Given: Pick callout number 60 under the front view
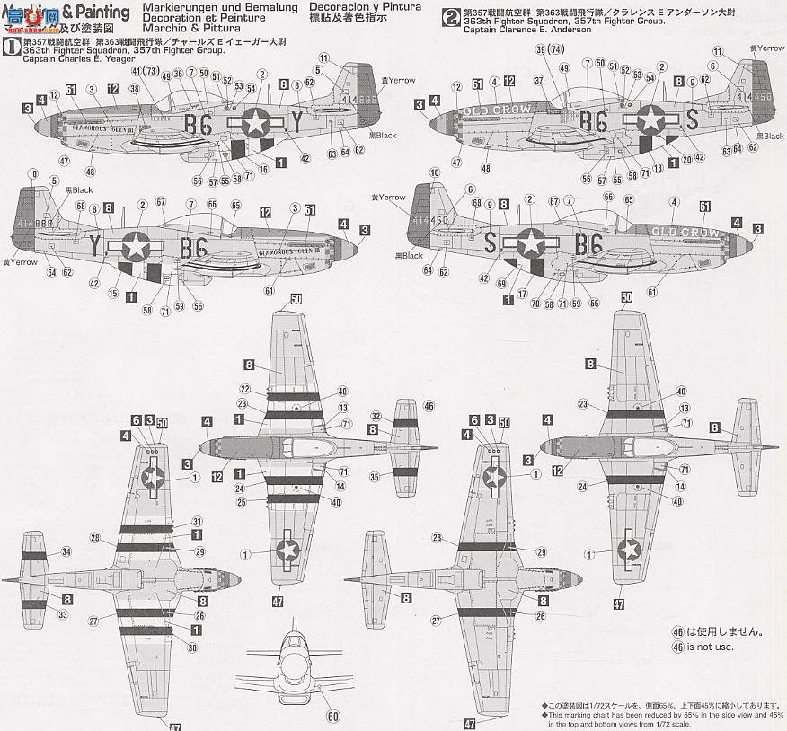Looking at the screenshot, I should [x=334, y=716].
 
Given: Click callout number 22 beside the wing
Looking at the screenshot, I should [x=243, y=389].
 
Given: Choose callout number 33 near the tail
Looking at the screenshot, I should [x=62, y=614].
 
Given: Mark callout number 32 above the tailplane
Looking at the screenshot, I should [x=377, y=417].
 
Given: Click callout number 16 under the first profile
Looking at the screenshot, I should [x=264, y=169].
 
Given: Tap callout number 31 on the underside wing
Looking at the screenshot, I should [x=197, y=521].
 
